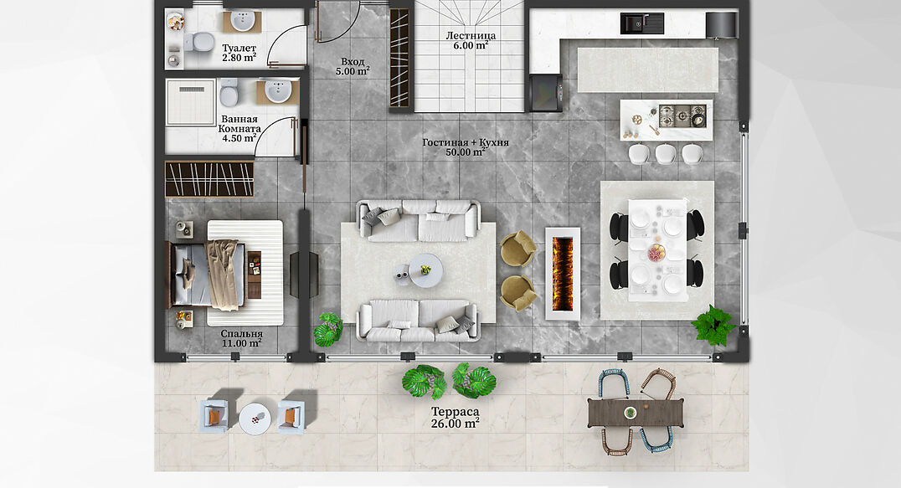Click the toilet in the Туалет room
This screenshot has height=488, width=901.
(199, 42)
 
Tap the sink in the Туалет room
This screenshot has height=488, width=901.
(243, 21)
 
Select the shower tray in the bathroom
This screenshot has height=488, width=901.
(190, 102)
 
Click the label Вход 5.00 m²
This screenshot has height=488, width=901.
(353, 67)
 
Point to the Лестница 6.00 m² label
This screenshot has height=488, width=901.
(471, 40)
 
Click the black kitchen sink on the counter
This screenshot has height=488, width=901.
(642, 23)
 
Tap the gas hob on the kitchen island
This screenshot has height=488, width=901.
(682, 116)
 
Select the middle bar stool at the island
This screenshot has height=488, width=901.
(666, 153)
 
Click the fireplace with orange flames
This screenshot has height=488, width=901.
(563, 275)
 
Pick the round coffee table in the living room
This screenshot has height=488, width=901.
(425, 271)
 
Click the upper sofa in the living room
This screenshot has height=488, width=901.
(419, 220)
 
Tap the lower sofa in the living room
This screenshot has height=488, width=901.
(418, 321)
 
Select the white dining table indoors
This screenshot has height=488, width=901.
(658, 250)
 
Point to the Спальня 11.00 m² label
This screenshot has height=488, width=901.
(241, 339)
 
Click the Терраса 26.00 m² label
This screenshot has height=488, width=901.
(455, 418)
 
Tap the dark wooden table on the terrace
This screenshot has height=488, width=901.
(636, 413)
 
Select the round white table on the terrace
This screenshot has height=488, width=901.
(254, 419)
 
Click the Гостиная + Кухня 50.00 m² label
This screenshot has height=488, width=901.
(466, 147)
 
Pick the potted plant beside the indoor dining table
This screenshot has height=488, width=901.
(713, 325)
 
